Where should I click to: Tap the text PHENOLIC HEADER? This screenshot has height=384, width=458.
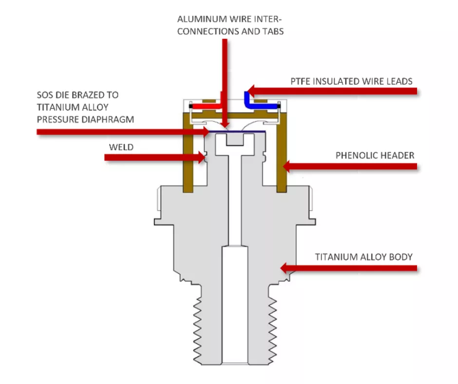[x=375, y=155]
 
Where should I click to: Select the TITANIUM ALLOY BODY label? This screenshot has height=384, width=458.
[x=363, y=257]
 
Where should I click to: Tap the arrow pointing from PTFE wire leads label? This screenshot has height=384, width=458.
[x=331, y=91]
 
